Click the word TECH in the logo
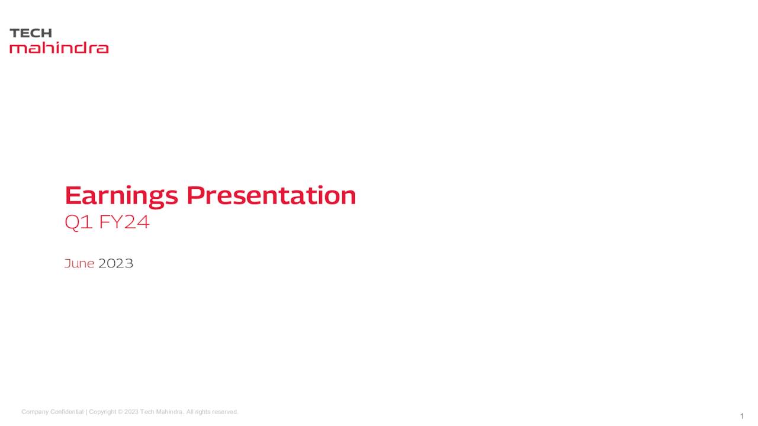(31, 33)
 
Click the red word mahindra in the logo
(59, 48)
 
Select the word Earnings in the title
(121, 196)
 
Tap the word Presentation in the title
(271, 195)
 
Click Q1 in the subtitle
(79, 222)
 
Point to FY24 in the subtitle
(124, 222)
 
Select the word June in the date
(79, 263)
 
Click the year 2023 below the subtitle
(115, 263)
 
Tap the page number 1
(742, 416)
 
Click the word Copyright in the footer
(102, 412)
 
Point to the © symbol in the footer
(120, 412)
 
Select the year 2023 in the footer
(131, 412)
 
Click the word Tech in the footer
(147, 412)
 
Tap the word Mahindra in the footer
(170, 412)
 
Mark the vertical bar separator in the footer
(86, 412)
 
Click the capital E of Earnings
(72, 195)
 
